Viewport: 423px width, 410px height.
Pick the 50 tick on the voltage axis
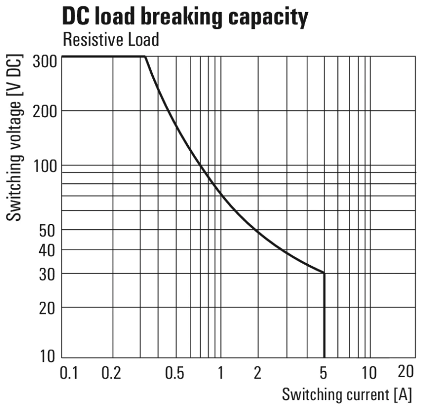point(48,230)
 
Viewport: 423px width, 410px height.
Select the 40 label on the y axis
point(48,250)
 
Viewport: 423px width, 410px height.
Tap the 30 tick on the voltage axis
point(48,274)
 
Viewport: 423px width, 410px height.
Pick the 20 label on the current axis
point(405,372)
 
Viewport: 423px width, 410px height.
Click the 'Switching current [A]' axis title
point(346,394)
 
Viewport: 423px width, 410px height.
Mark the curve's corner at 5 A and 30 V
point(324,273)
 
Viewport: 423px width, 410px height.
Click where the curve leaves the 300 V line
point(145,56)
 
